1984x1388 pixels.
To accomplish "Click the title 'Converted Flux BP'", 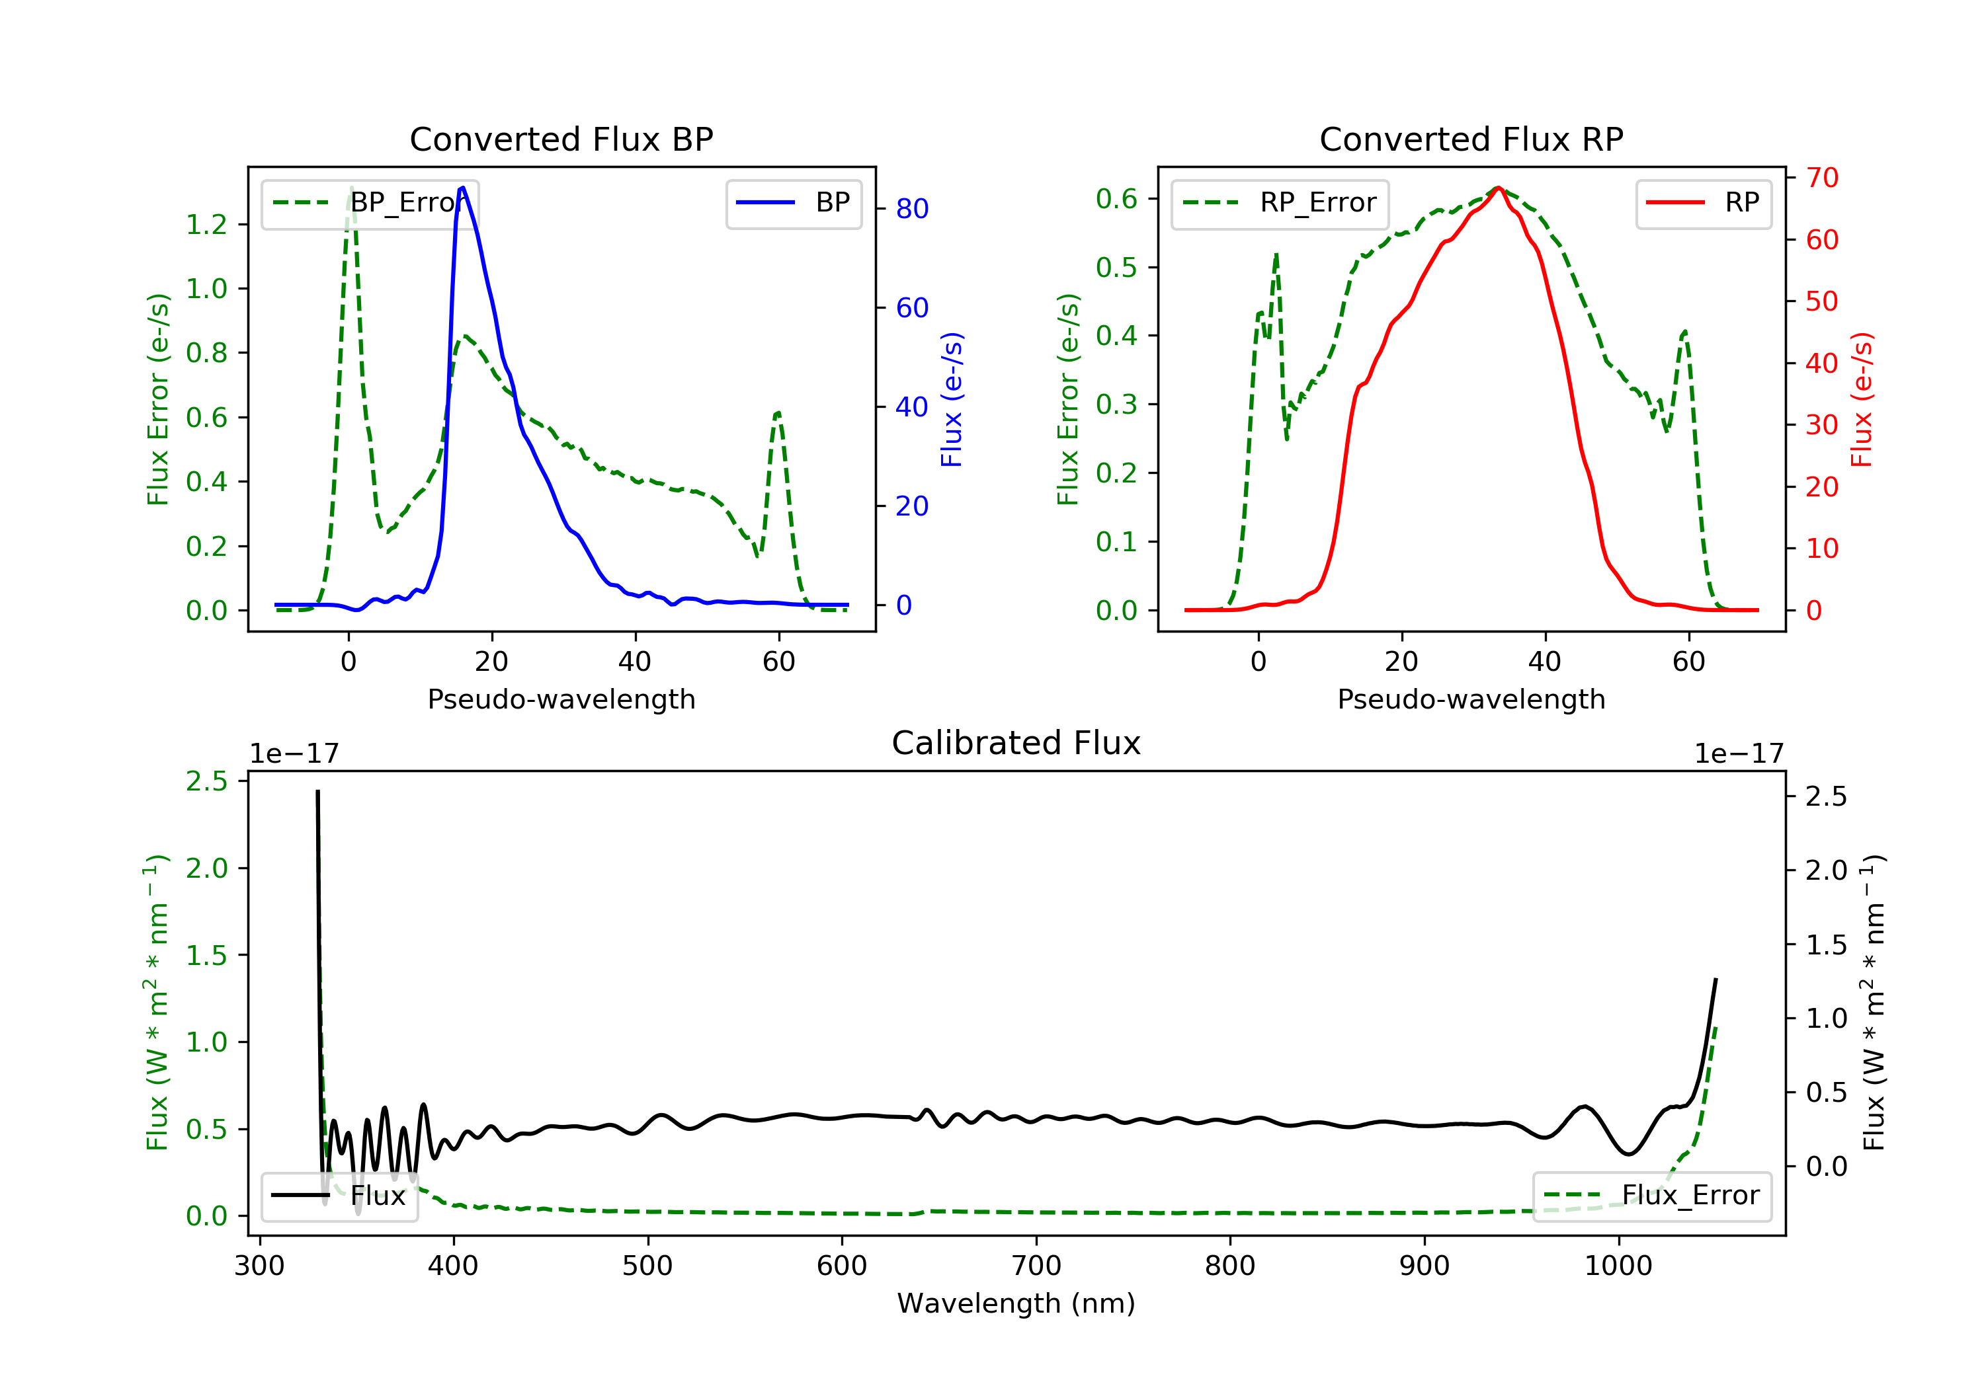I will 561,139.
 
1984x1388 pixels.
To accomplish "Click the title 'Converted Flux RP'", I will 1471,139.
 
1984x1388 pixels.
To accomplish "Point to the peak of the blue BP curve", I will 463,188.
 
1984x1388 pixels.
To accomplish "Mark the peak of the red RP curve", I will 1499,188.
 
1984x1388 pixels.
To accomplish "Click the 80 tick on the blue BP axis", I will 911,209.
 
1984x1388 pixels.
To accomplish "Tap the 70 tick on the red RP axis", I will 1821,178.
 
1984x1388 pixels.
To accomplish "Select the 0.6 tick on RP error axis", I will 1116,199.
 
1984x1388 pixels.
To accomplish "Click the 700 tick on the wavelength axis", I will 1036,1266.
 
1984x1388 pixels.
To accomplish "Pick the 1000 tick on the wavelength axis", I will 1618,1266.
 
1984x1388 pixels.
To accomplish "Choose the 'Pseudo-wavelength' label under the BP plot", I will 561,699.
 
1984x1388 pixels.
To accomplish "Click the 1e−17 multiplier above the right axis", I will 1739,754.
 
